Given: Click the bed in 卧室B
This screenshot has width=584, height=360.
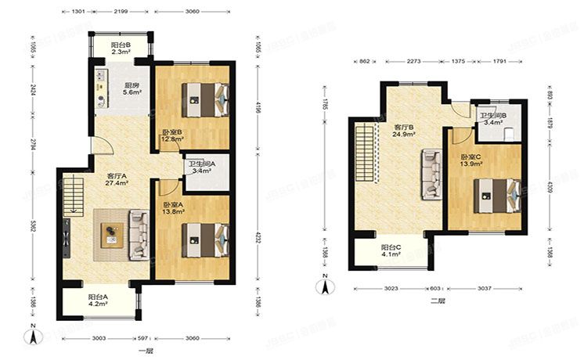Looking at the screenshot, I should (x=205, y=99).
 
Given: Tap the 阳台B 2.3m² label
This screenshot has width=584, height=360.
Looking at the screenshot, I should (x=121, y=50).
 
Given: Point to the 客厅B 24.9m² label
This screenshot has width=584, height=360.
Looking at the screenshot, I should (x=403, y=131).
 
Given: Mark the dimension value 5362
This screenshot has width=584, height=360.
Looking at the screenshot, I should (x=34, y=227).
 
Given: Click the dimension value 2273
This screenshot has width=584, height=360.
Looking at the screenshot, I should (x=414, y=60).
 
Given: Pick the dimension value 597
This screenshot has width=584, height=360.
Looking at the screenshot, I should (x=143, y=337).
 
